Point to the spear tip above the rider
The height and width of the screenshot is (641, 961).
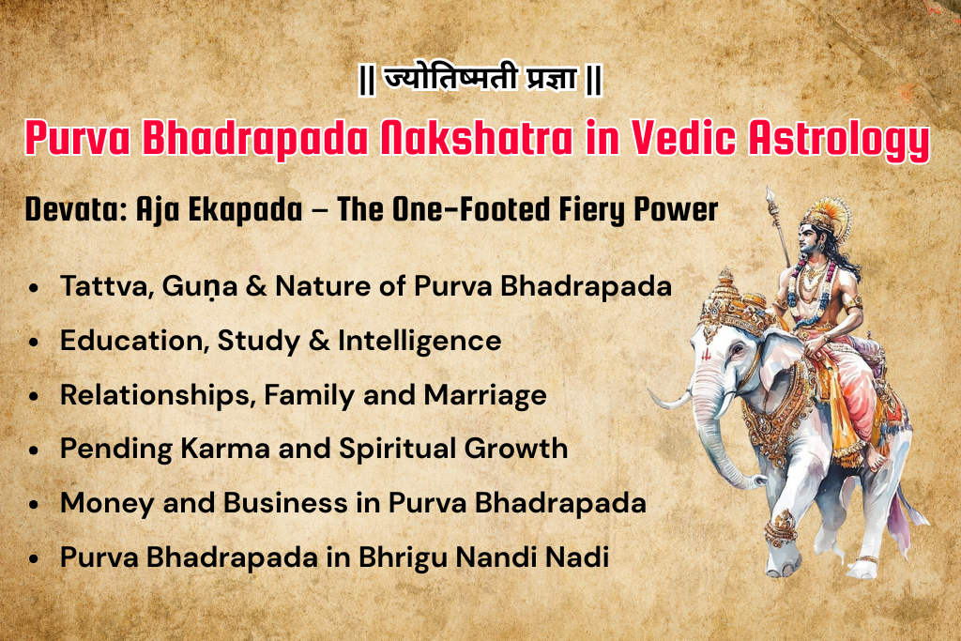[770, 197]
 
